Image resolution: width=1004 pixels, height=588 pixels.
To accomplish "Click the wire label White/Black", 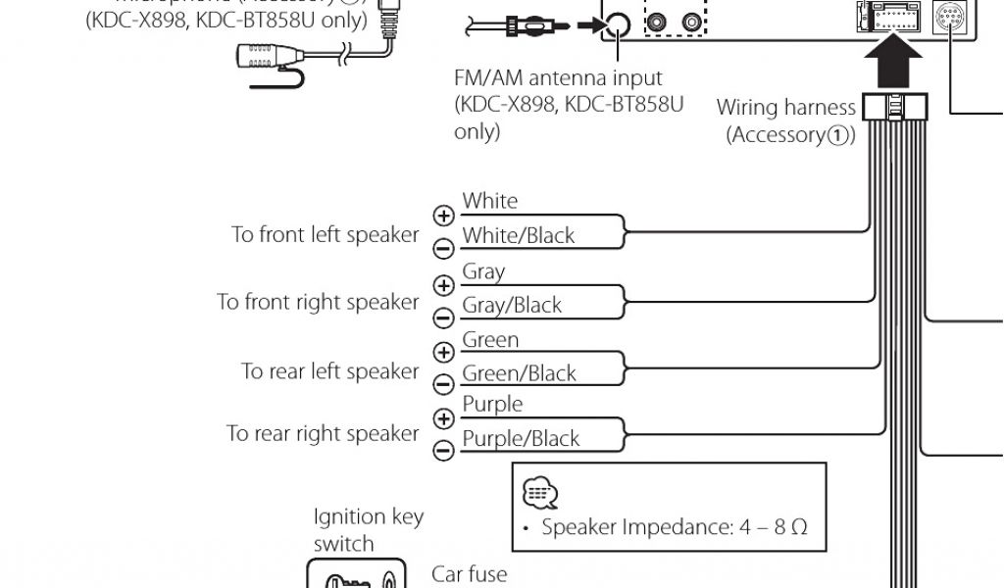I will [518, 236].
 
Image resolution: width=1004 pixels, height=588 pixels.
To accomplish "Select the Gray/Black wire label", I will [512, 305].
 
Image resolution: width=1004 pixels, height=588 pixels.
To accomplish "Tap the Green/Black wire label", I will [519, 373].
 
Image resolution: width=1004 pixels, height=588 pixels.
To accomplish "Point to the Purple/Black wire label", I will [521, 439].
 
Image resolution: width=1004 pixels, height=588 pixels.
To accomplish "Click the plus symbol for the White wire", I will [444, 216].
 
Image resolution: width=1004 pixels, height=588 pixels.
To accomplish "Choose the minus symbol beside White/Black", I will [444, 248].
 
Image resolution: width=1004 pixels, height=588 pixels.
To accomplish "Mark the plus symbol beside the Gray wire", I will [444, 285].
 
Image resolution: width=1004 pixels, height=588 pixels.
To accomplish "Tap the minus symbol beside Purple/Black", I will [444, 450].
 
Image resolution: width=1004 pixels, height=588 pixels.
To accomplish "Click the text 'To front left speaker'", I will [325, 235].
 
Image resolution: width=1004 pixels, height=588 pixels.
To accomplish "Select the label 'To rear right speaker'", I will [323, 433].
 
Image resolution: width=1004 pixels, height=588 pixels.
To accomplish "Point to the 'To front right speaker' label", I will [318, 302].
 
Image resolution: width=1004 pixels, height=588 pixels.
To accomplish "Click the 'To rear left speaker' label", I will [329, 371].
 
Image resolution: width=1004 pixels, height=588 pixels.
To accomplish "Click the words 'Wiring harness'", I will [785, 107].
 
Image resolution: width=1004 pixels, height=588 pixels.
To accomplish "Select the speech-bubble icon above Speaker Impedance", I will [539, 492].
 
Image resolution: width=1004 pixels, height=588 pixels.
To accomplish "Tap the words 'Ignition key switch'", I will [368, 529].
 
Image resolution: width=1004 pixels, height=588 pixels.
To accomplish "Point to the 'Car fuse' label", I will [470, 572].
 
